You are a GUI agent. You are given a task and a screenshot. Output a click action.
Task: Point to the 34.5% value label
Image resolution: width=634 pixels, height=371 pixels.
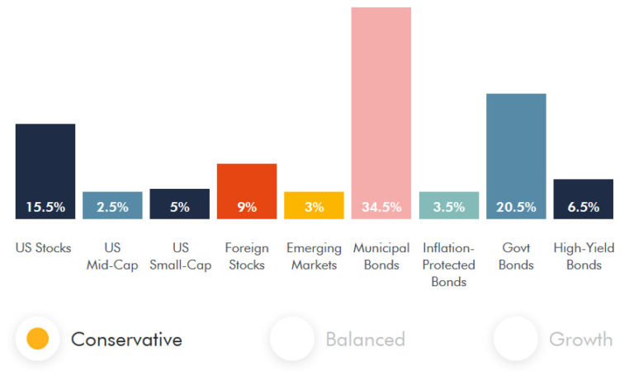[381, 207]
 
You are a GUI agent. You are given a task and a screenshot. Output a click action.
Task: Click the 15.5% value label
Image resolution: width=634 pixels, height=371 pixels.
[45, 207]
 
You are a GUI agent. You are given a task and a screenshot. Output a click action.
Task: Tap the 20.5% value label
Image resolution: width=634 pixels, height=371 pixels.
[516, 207]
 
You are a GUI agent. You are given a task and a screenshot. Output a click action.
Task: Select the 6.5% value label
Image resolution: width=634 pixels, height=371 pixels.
[583, 207]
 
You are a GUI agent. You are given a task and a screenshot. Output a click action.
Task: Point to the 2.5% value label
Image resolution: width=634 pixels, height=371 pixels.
[112, 207]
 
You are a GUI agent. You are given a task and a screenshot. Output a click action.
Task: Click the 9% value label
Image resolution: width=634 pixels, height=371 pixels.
[247, 207]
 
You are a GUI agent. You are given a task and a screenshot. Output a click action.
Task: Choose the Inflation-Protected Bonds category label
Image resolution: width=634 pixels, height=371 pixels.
[448, 265]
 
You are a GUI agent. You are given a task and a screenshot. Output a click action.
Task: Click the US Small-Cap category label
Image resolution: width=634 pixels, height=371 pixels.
[179, 256]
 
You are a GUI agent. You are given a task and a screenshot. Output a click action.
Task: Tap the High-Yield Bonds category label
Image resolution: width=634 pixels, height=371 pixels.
[583, 256]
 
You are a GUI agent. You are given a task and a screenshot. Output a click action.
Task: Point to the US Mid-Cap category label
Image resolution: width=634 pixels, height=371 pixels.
[112, 256]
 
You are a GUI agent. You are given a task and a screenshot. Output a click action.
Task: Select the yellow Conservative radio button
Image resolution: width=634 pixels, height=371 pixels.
[37, 338]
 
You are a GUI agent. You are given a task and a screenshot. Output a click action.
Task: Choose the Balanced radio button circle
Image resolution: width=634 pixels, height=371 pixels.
[292, 338]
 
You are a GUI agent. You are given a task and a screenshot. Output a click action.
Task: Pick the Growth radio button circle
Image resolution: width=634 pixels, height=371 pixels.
[515, 338]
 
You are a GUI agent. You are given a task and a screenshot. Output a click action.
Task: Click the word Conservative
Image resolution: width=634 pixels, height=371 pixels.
[126, 339]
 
